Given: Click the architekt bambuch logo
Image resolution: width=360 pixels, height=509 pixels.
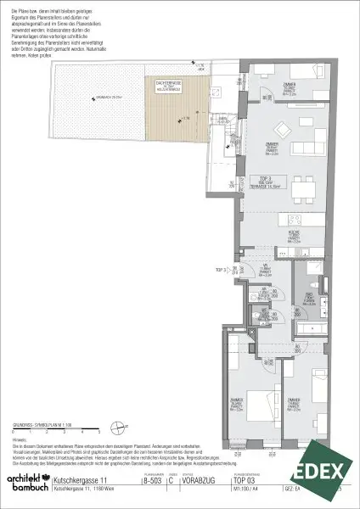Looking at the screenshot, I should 25,484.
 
